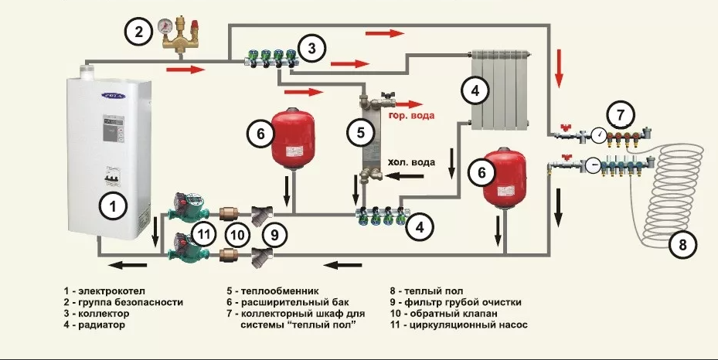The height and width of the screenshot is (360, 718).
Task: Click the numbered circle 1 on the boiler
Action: (x=113, y=206)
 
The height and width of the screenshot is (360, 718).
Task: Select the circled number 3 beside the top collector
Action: (x=311, y=49)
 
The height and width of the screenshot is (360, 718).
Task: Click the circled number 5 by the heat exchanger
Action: (x=360, y=133)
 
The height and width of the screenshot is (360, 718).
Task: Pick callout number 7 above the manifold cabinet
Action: (x=618, y=114)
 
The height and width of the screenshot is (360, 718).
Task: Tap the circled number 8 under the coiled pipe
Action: (x=682, y=246)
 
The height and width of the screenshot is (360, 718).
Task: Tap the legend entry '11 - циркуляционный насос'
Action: (x=459, y=326)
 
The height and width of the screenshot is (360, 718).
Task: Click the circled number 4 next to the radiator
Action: (x=475, y=90)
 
